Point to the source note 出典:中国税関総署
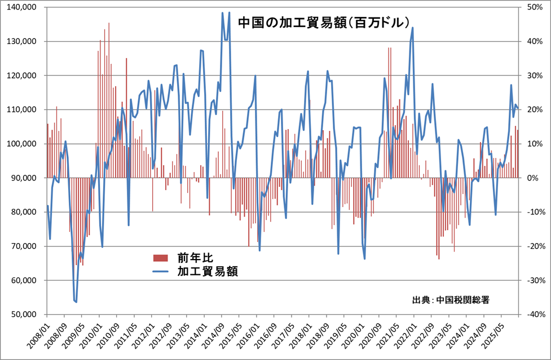click(451, 300)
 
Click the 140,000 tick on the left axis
click(23, 7)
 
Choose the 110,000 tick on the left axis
click(23, 109)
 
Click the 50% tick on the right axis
click(535, 7)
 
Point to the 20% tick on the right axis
click(535, 109)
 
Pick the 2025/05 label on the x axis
click(502, 334)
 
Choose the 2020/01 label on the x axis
click(360, 334)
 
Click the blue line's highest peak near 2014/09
click(222, 12)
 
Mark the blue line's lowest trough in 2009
click(76, 302)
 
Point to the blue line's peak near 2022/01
click(413, 28)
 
